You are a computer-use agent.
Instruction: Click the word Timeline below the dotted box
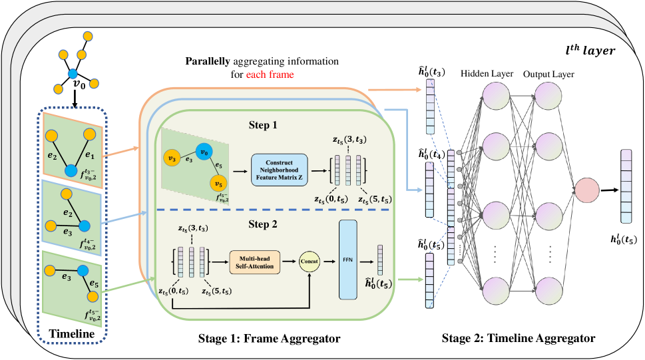click(73, 331)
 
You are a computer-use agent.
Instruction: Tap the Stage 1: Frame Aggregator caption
click(269, 339)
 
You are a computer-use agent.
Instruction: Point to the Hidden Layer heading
click(487, 73)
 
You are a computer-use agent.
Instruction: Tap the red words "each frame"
click(270, 75)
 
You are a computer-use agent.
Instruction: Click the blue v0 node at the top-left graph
click(75, 75)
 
